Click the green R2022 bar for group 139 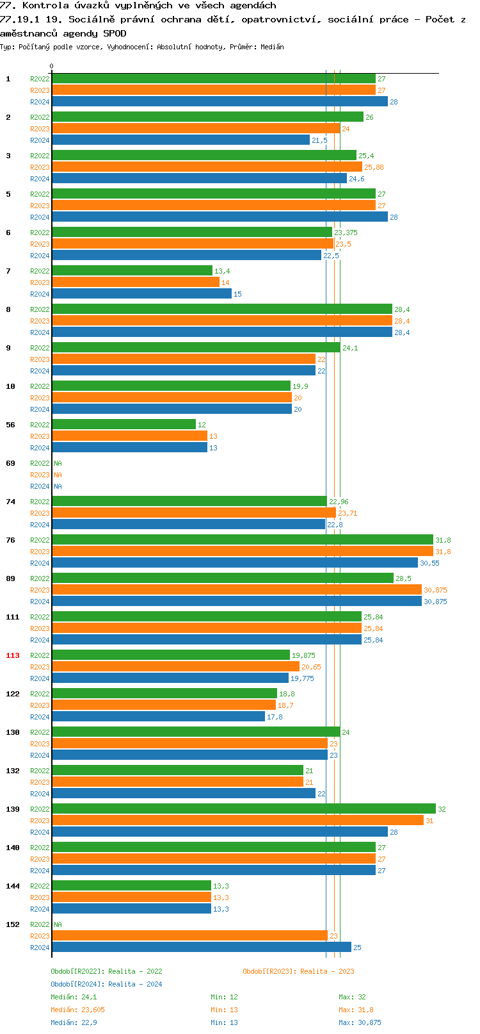243,808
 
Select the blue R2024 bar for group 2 180,140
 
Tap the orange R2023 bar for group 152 189,935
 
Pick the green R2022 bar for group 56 124,424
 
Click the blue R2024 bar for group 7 141,293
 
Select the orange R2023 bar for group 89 236,589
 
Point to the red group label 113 13,655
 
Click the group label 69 10,463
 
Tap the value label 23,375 346,233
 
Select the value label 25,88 374,167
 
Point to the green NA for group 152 58,924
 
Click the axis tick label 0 52,66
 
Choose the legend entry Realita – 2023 298,971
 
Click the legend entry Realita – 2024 106,984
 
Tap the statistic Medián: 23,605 77,1010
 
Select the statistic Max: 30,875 360,1022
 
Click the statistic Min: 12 224,997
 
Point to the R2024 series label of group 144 40,909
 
